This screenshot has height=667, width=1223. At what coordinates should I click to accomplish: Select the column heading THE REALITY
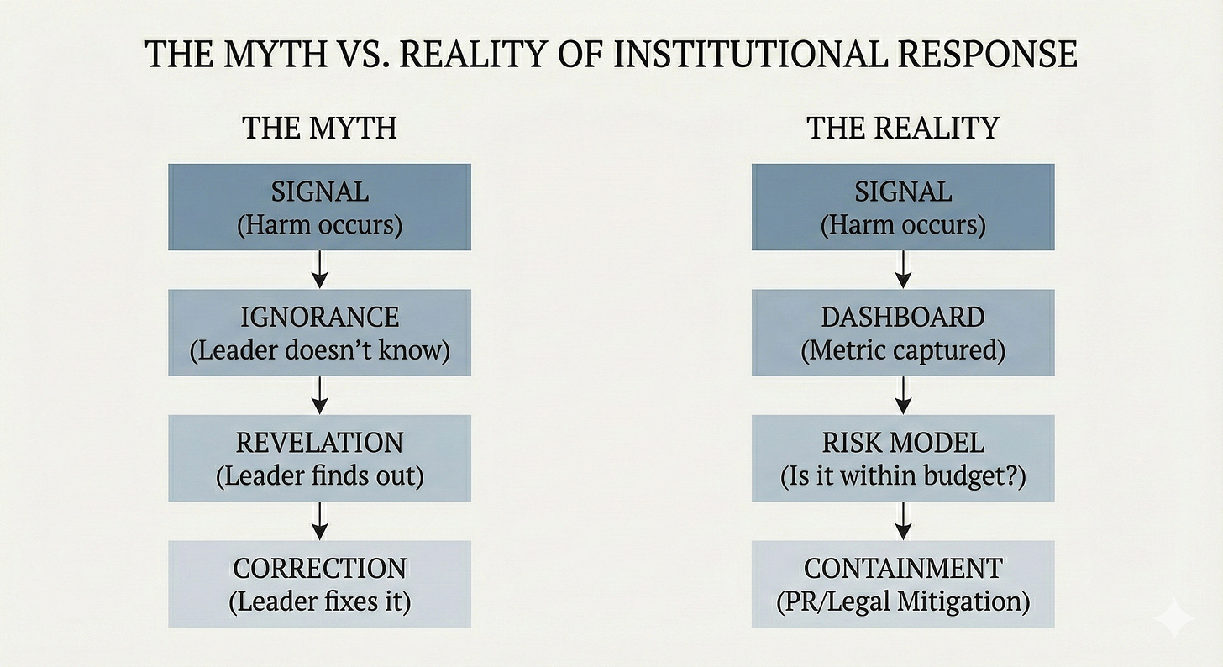(903, 129)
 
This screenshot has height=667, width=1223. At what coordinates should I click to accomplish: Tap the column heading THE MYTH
(319, 129)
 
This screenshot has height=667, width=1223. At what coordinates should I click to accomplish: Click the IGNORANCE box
(319, 333)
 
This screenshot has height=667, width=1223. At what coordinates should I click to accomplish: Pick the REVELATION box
(319, 459)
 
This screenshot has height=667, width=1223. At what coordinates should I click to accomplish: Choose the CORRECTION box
(319, 584)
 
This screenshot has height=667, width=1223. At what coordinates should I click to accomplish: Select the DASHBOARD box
(903, 333)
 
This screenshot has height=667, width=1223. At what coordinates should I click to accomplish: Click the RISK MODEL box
(903, 459)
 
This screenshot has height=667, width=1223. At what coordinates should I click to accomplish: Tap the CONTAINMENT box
(903, 584)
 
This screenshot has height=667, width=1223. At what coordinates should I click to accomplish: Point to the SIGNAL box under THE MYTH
(319, 207)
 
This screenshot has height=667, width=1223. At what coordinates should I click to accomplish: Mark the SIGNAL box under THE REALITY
(903, 207)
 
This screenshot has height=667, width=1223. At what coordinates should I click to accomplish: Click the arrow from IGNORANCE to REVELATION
(319, 395)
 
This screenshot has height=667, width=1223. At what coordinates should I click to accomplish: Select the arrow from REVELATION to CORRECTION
(319, 521)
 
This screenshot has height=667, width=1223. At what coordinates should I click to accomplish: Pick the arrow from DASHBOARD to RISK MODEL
(903, 395)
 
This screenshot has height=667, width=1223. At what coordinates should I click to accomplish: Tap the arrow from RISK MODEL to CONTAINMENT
(903, 521)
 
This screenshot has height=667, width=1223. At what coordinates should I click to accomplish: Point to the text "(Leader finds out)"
(319, 476)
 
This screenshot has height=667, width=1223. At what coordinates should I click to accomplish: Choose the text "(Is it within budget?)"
(903, 476)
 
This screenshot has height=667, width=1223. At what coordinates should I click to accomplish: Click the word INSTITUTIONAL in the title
(735, 55)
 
